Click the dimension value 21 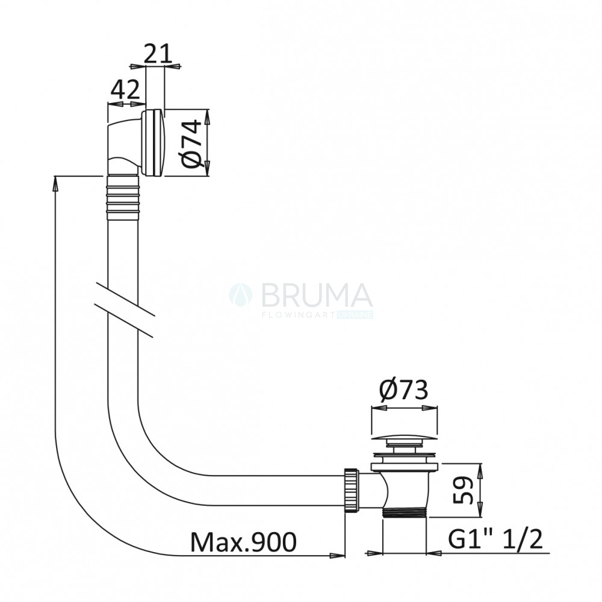157,54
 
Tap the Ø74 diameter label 191,144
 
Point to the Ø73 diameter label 403,391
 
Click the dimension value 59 462,490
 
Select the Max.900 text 243,542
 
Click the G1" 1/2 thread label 495,539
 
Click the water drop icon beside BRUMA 241,295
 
